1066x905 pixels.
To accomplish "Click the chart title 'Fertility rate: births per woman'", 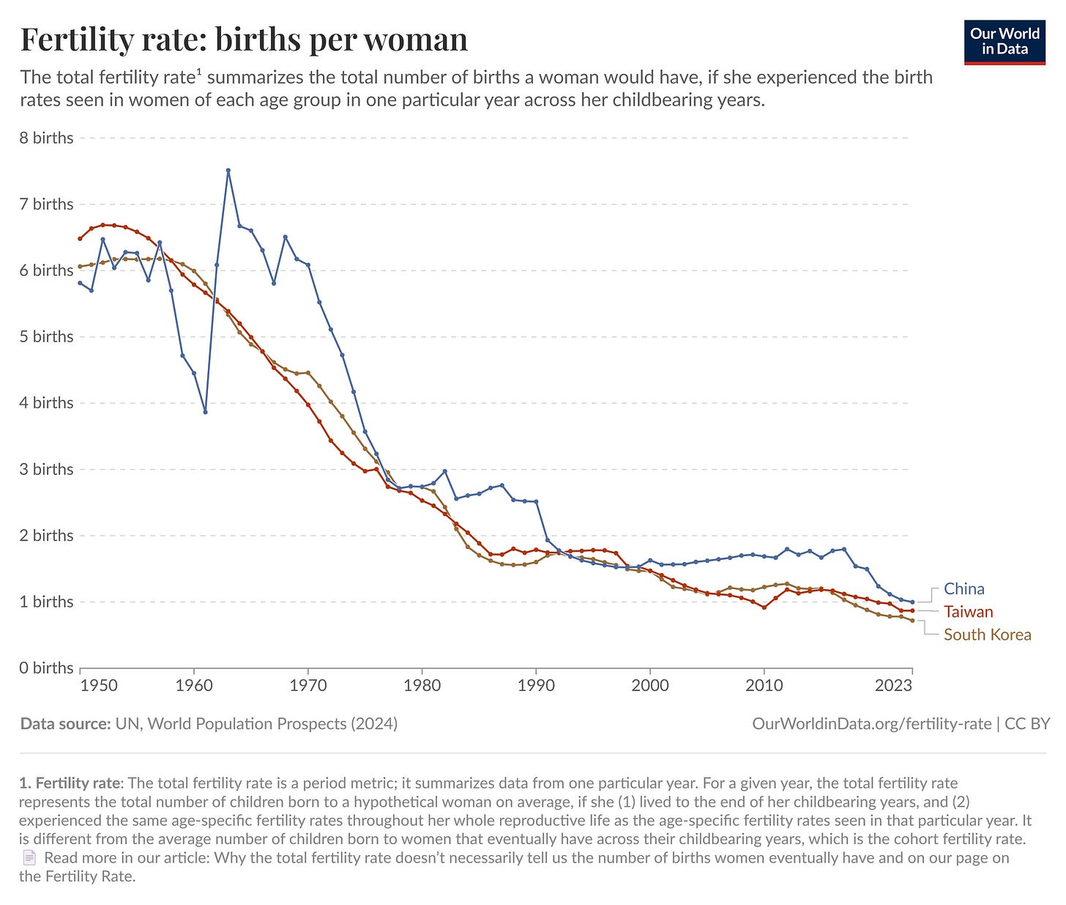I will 244,40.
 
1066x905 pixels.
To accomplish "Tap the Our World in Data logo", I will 1004,42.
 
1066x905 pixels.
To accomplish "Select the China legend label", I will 963,589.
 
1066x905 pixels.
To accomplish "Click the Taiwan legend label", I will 968,612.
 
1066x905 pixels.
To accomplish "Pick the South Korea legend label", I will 987,635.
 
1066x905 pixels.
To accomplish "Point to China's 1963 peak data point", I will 228,170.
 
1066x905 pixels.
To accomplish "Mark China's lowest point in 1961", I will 205,412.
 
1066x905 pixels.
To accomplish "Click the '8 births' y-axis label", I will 47,138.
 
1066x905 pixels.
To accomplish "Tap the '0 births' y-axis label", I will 47,668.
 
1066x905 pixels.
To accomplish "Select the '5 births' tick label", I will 47,336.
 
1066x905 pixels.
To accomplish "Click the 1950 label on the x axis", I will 99,686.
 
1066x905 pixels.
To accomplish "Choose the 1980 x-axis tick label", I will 422,686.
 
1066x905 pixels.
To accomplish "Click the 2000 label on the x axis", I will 650,686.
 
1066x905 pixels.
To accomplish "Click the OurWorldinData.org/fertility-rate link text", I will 871,724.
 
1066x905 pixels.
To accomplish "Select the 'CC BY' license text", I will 1027,724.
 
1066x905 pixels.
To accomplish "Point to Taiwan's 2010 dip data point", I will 764,607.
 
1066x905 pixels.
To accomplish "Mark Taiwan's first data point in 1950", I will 81,238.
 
